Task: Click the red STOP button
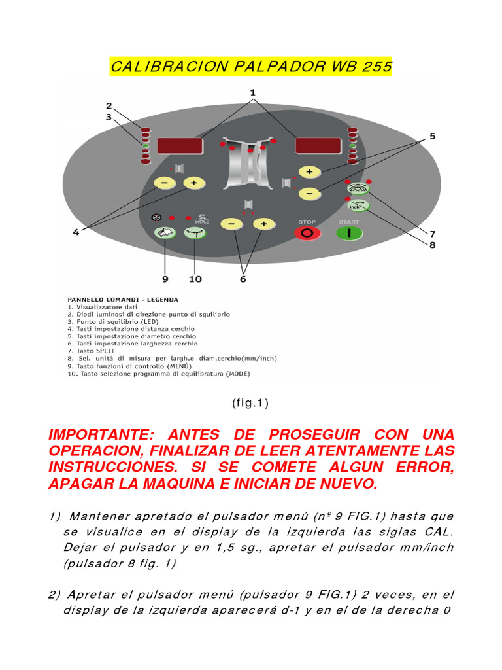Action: tap(307, 233)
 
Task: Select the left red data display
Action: tap(178, 146)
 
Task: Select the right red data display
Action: tap(318, 146)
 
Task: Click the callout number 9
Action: tap(165, 279)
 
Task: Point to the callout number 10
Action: tap(195, 279)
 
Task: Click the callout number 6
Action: tap(244, 279)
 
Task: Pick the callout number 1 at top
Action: tap(253, 93)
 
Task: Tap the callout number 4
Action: tap(76, 232)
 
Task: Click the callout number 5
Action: tap(432, 136)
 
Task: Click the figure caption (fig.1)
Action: tap(250, 404)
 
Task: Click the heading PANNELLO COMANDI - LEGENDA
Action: tap(122, 300)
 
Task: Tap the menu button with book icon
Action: tap(164, 232)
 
